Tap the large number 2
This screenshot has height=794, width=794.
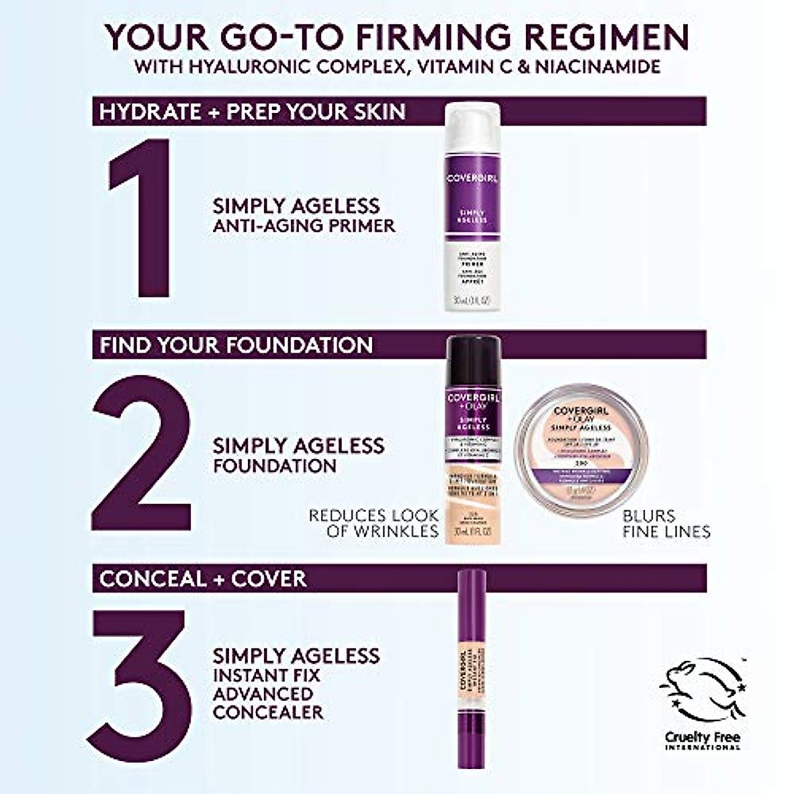coord(142,453)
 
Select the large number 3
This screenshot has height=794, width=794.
coord(142,685)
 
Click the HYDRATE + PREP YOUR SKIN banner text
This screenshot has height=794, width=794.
coord(252,111)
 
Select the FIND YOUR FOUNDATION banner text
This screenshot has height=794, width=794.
coord(236,345)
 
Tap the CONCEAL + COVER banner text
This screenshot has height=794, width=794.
coord(203,578)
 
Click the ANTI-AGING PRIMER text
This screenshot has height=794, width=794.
coord(304,226)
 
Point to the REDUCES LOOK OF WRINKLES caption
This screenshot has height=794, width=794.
coord(374,523)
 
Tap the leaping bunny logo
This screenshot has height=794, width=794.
coord(703,691)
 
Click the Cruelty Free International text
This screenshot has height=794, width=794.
coord(703,741)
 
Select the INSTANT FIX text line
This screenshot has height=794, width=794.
coord(266,676)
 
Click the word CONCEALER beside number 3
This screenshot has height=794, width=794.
coord(268,712)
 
